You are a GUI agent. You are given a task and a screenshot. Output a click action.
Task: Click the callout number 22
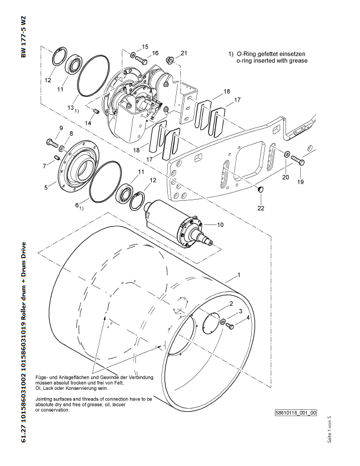[x=261, y=208]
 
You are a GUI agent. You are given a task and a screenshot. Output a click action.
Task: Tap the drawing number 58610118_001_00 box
[x=296, y=412]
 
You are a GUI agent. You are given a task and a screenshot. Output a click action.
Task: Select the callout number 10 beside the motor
[x=220, y=224]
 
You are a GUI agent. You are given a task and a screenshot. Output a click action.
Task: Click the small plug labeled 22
[x=261, y=190]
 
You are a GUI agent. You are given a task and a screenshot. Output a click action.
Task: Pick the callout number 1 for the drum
[x=238, y=275]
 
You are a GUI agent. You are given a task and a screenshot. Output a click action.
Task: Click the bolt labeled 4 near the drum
[x=230, y=326]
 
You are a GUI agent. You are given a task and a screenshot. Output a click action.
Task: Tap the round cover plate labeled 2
[x=212, y=323]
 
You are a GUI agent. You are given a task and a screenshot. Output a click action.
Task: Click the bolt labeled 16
[x=142, y=60]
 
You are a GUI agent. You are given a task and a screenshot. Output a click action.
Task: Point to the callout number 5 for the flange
[x=46, y=188]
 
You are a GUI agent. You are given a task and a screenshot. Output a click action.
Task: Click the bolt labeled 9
[x=52, y=143]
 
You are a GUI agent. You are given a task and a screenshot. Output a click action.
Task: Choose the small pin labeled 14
[x=96, y=112]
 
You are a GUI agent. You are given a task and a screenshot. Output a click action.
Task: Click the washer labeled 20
[x=287, y=155]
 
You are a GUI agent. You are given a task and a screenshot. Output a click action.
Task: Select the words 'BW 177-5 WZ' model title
[x=24, y=37]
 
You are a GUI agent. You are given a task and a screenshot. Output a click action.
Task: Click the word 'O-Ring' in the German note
[x=245, y=54]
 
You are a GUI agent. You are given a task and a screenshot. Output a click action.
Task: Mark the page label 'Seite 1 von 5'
[x=329, y=429]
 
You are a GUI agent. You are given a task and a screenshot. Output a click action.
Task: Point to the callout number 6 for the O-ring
[x=77, y=205]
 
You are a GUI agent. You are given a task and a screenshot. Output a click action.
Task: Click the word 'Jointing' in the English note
[x=44, y=399]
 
